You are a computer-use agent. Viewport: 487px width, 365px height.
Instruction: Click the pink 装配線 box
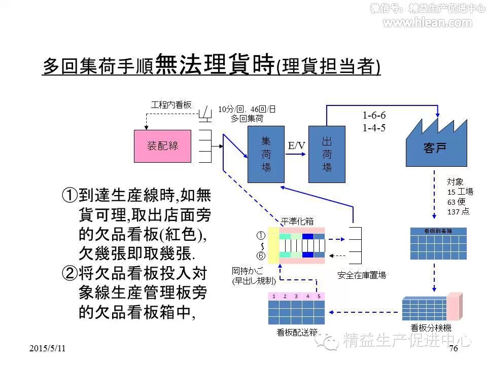coord(163,146)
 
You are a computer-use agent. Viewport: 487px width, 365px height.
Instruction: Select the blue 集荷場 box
coord(266,154)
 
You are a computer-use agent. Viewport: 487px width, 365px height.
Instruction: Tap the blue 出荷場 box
coord(327,154)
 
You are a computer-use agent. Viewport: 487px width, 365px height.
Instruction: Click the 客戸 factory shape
coord(435,148)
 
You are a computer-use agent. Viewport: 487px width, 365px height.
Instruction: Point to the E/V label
coord(297,146)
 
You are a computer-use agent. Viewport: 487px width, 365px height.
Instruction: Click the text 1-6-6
coord(374,116)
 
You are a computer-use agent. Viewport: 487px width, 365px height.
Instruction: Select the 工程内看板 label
coord(171,105)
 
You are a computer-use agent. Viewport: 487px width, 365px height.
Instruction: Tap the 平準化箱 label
coord(298,221)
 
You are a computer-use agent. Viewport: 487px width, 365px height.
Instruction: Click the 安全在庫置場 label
coord(362,275)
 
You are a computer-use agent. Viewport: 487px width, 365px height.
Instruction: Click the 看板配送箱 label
coord(297,333)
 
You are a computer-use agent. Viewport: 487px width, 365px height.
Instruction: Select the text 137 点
coord(458,211)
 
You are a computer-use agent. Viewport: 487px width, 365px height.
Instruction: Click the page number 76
coord(454,348)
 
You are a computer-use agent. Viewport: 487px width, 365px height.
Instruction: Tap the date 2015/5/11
coord(48,349)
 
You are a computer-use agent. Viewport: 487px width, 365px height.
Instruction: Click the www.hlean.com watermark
coord(427,22)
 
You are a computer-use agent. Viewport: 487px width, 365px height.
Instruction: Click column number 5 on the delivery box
coord(319,296)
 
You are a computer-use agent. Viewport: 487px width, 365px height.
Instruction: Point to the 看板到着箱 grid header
coord(438,231)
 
